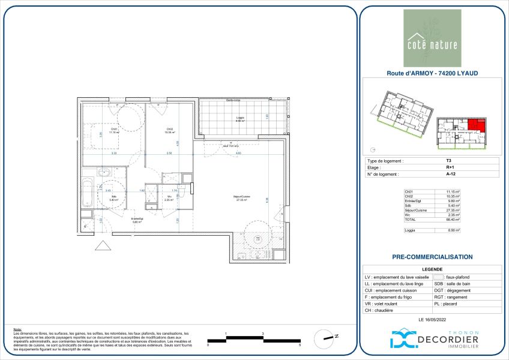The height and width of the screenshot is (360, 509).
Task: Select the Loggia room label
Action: point(239,119)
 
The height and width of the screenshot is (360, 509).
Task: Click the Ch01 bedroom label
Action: point(114,130)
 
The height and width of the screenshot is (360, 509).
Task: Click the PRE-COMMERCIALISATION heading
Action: point(432,257)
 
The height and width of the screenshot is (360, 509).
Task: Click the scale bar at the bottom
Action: point(253,340)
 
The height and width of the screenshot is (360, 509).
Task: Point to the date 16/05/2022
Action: point(432,319)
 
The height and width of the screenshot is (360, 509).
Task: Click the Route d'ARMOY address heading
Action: point(432,73)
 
